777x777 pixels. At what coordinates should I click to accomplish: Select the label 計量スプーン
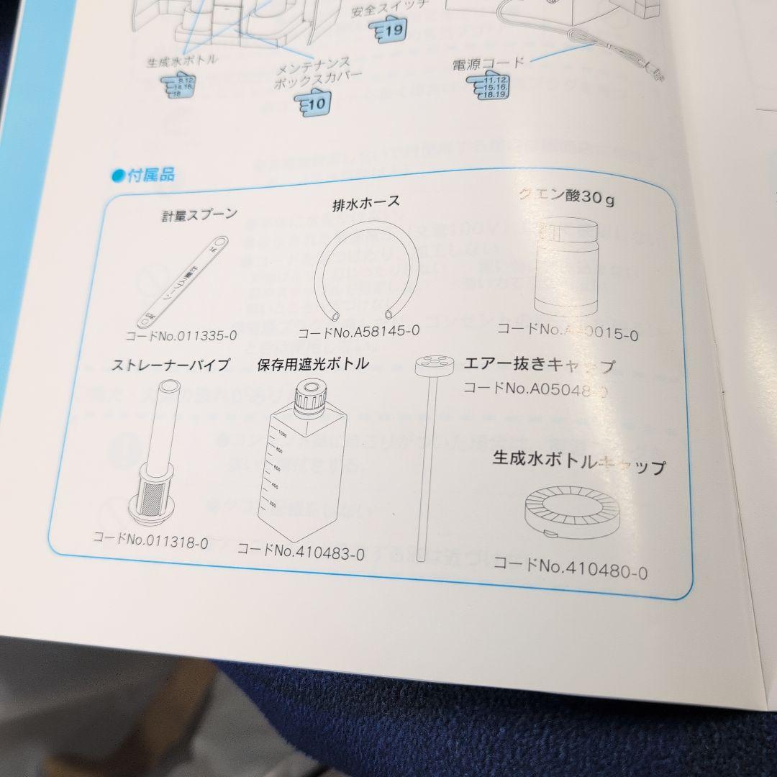199,214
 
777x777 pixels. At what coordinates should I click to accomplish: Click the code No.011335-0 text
181,335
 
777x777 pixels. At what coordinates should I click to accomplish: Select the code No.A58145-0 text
358,332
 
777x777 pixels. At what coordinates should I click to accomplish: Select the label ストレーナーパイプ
171,365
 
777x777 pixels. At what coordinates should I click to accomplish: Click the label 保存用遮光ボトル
313,364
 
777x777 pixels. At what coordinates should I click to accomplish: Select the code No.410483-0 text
300,552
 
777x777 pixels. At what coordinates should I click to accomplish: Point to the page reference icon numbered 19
388,31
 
